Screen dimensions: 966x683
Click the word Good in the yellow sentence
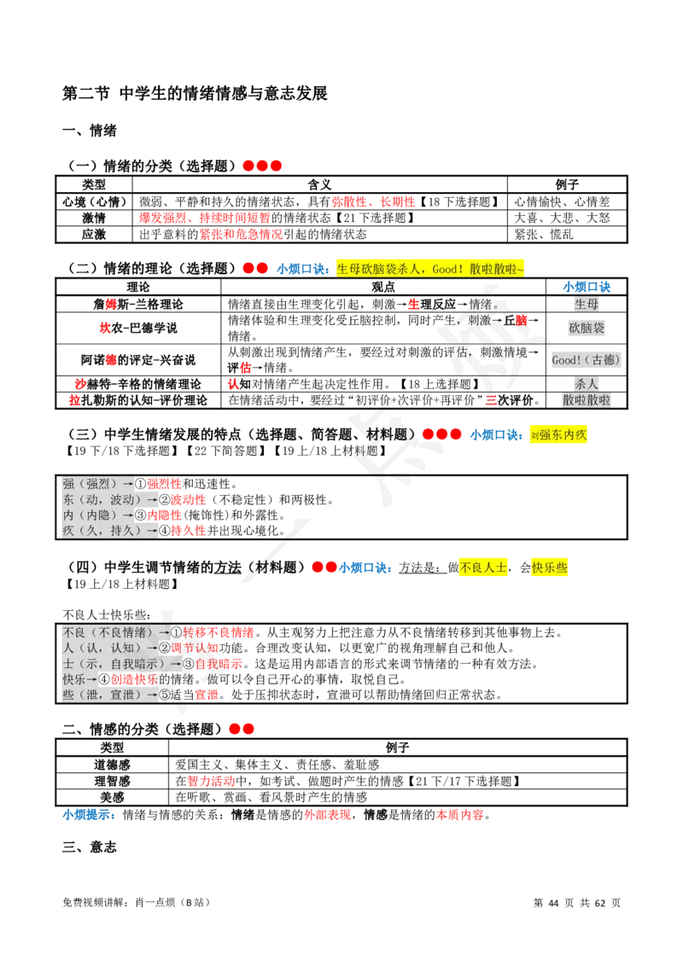tap(447, 269)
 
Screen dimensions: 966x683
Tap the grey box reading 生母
tap(587, 305)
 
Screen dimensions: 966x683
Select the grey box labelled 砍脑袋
tap(587, 328)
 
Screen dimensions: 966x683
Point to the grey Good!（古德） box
tap(585, 360)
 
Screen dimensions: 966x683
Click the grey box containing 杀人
tap(587, 384)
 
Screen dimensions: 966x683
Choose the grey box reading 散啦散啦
tap(587, 400)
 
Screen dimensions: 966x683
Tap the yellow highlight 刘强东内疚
tap(557, 434)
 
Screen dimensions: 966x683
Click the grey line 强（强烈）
tap(97, 484)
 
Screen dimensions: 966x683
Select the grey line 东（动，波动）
tap(108, 499)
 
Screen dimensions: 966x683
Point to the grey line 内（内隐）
tap(97, 515)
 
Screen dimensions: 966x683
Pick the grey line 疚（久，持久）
tap(108, 531)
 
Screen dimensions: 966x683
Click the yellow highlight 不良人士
tap(484, 567)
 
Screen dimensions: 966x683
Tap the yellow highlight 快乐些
tap(550, 567)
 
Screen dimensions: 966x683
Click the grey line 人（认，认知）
tap(109, 648)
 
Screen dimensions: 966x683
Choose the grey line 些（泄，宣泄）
tap(109, 695)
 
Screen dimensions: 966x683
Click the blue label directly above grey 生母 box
tap(587, 287)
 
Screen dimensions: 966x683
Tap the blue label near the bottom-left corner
tap(88, 815)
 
